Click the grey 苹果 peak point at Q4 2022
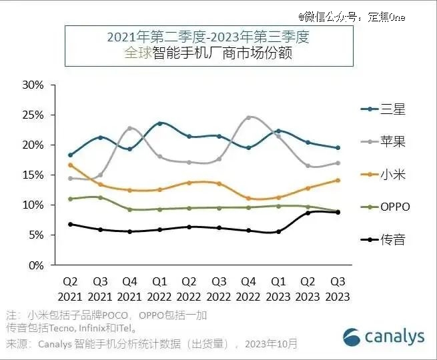pyautogui.click(x=248, y=117)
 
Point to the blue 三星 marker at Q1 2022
pyautogui.click(x=159, y=123)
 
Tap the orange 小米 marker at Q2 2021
pyautogui.click(x=71, y=165)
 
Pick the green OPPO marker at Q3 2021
pyautogui.click(x=100, y=197)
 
